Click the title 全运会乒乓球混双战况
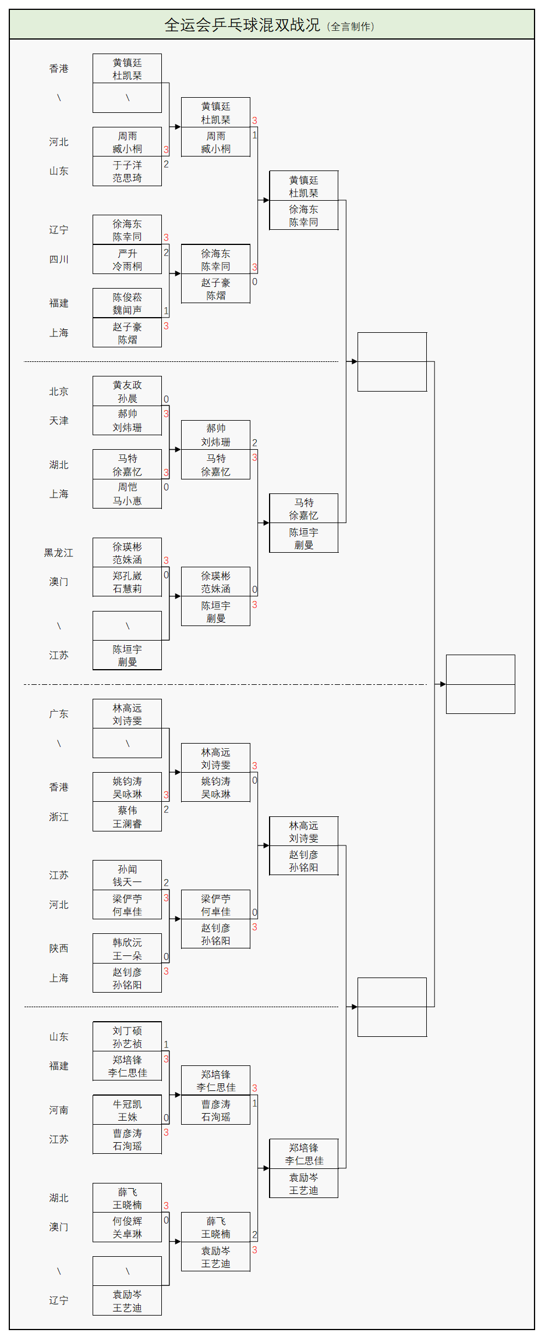pos(242,25)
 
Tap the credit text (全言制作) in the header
pos(351,26)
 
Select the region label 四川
pos(59,260)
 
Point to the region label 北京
pos(59,392)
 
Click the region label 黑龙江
pos(59,553)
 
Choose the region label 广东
pos(59,714)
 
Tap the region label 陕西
pos(59,948)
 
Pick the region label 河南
pos(59,1110)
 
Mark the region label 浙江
pos(59,817)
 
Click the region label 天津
pos(59,421)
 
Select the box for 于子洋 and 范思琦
pos(127,172)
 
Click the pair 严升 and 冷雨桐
pos(127,260)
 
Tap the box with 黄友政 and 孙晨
pos(127,392)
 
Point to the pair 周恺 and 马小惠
pos(127,494)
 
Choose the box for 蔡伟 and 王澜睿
pos(127,817)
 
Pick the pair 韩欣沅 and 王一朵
pos(127,949)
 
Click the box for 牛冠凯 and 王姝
pos(127,1110)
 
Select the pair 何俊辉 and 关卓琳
pos(127,1228)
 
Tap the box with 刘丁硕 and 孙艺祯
pos(127,1037)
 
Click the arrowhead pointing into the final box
pos(443,684)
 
